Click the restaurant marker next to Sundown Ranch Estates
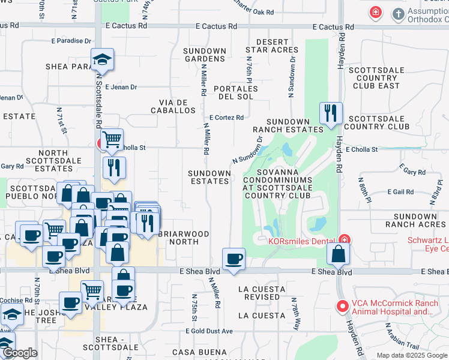tap(331, 113)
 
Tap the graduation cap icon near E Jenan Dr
tap(103, 59)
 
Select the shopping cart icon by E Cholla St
tap(111, 140)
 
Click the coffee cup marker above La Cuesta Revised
tap(234, 259)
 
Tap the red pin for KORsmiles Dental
tap(343, 239)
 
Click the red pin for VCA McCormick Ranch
tap(343, 306)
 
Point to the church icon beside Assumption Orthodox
tap(398, 13)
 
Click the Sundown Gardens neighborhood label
tap(205, 55)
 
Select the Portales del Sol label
tap(238, 92)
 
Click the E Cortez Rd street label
tap(226, 118)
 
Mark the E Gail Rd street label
tap(401, 192)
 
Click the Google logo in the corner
tap(19, 353)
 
